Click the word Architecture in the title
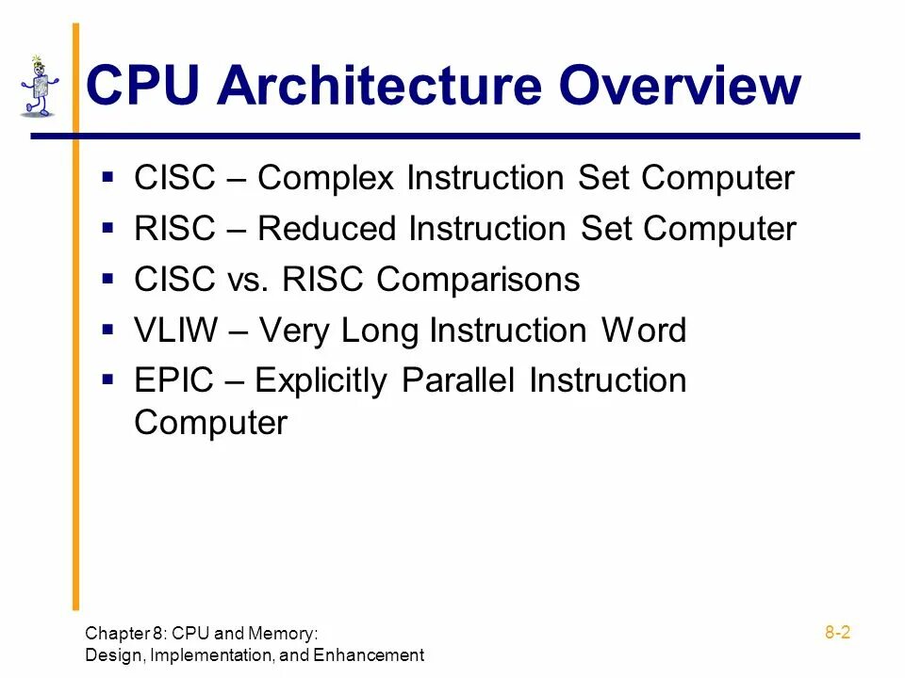tap(380, 86)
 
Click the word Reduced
tap(326, 229)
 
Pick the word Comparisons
tap(479, 280)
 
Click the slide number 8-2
tap(837, 633)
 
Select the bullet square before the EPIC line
tap(108, 380)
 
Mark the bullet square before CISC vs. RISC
tap(108, 279)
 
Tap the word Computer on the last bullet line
tap(210, 423)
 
